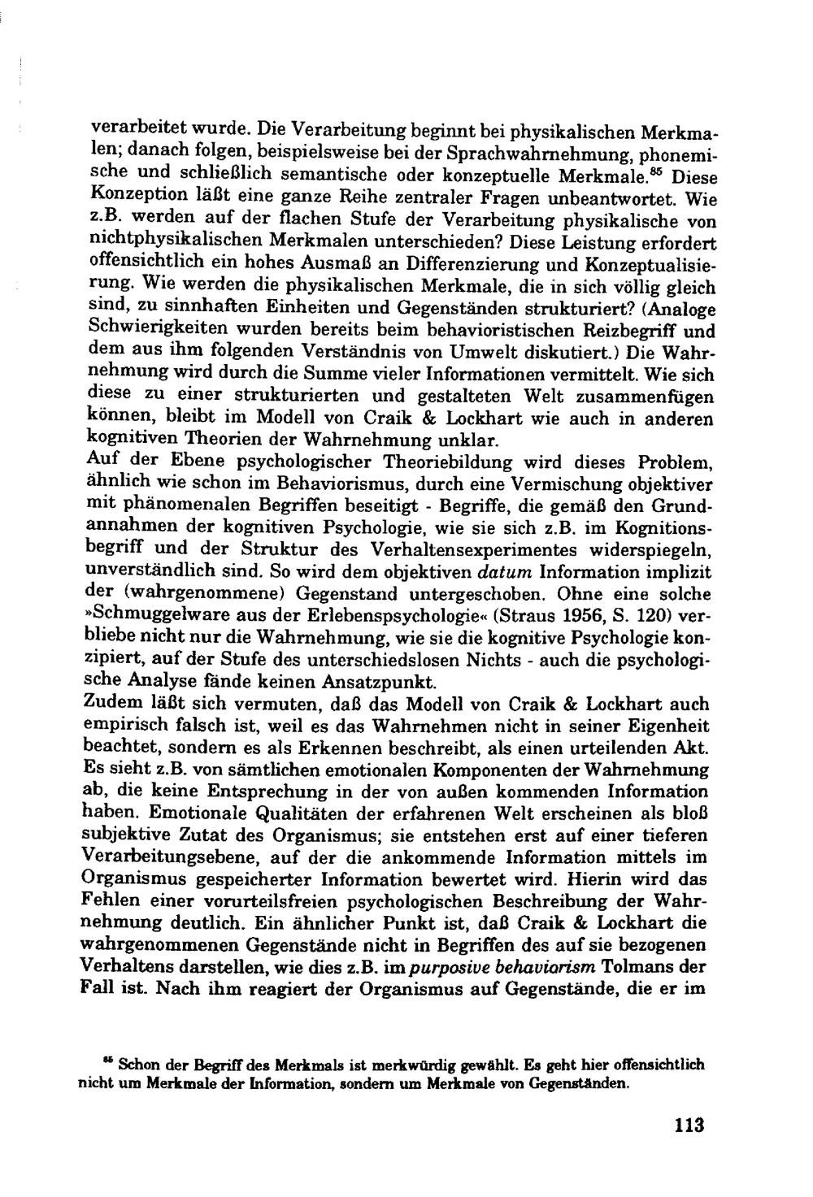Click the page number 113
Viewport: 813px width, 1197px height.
[x=687, y=1125]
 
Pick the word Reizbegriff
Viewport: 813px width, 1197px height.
[x=637, y=332]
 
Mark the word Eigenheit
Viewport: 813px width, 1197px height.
[x=671, y=726]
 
